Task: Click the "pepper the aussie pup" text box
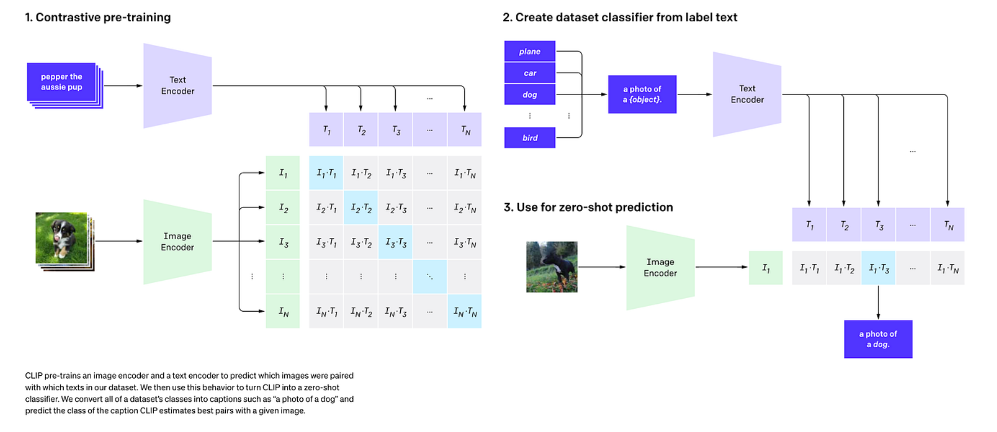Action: pyautogui.click(x=61, y=82)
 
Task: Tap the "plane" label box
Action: pyautogui.click(x=529, y=51)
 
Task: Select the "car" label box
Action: pyautogui.click(x=529, y=73)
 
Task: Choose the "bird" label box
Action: pyautogui.click(x=529, y=138)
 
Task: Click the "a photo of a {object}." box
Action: pyautogui.click(x=642, y=94)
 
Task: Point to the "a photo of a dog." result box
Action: pyautogui.click(x=878, y=339)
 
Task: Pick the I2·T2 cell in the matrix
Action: pyautogui.click(x=361, y=208)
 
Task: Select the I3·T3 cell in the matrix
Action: pyautogui.click(x=395, y=242)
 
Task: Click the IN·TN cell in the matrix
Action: pyautogui.click(x=464, y=311)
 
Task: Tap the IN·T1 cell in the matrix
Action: pyautogui.click(x=327, y=311)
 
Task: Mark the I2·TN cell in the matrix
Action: pyautogui.click(x=464, y=208)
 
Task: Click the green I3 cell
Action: pyautogui.click(x=283, y=242)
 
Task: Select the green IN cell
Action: pyautogui.click(x=283, y=311)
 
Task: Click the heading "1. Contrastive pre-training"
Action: pyautogui.click(x=98, y=17)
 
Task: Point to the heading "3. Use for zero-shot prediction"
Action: pyautogui.click(x=588, y=207)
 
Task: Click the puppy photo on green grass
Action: pyautogui.click(x=62, y=238)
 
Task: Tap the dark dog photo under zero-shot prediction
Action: pyautogui.click(x=552, y=267)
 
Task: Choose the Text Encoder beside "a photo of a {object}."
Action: pyautogui.click(x=747, y=94)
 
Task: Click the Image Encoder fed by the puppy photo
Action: pyautogui.click(x=177, y=242)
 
